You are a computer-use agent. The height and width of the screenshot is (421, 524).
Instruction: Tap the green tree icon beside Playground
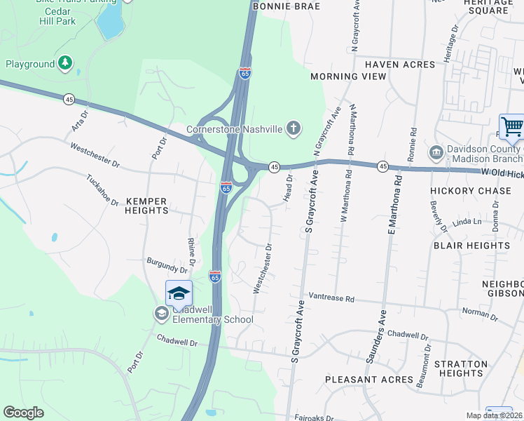point(65,64)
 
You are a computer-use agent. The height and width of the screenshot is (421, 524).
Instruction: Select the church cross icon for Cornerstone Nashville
point(294,128)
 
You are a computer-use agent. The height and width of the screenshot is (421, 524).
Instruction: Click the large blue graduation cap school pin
point(179,293)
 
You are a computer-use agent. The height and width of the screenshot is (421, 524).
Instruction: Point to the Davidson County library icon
point(436,152)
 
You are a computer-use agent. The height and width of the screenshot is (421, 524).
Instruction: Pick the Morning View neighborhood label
point(348,76)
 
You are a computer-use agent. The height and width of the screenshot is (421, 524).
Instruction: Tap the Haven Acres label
point(399,65)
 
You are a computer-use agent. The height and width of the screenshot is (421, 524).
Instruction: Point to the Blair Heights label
point(471,246)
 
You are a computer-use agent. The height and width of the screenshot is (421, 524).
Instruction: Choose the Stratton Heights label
point(460,368)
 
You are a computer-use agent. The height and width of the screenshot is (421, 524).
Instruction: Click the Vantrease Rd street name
point(331,298)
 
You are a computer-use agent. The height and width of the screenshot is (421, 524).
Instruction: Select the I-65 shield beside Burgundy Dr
point(215,277)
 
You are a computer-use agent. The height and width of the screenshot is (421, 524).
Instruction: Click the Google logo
point(23,413)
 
